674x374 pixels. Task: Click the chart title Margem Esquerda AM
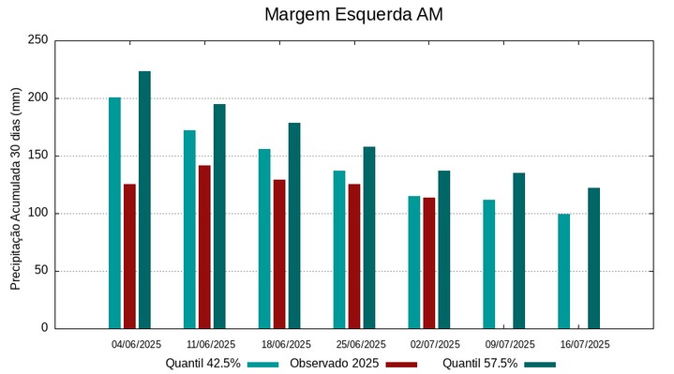[x=353, y=15]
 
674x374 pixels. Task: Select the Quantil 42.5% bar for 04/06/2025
[x=114, y=213]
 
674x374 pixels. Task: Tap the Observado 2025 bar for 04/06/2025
[x=129, y=256]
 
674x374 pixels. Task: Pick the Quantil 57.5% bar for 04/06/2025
[x=144, y=200]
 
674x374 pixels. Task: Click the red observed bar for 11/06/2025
[x=204, y=247]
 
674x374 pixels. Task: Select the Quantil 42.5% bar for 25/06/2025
[x=339, y=249]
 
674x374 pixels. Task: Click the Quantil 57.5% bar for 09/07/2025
[x=518, y=250]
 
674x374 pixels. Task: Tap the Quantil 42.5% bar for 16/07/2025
[x=563, y=271]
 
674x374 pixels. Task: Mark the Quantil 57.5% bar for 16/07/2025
[x=593, y=258]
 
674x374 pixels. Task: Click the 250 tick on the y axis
[x=37, y=40]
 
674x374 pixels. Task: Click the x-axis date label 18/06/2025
[x=286, y=344]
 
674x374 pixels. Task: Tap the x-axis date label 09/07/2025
[x=510, y=344]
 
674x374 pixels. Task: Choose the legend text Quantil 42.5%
[x=202, y=363]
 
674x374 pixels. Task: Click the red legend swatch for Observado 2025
[x=401, y=364]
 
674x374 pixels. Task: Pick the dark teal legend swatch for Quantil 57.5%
[x=540, y=364]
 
